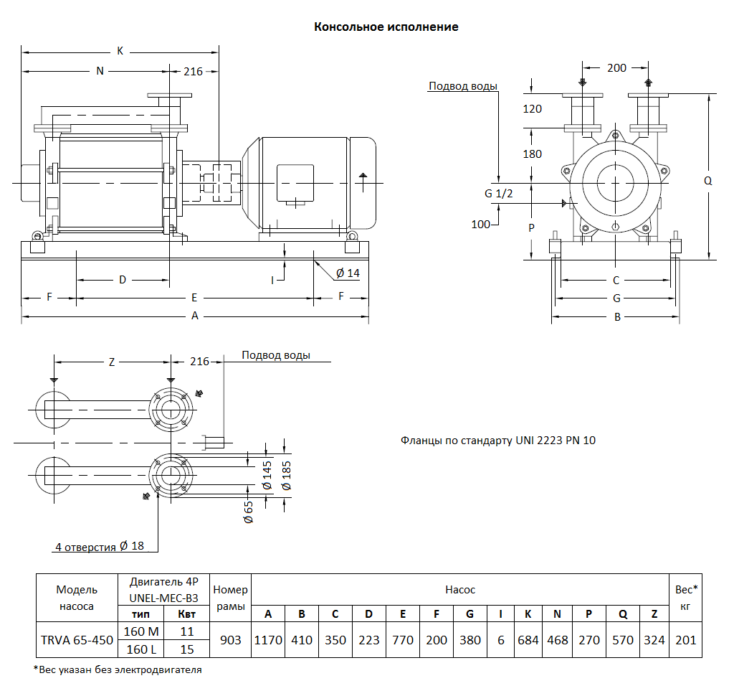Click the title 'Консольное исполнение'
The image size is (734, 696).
(386, 27)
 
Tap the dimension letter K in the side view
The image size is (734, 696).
(120, 51)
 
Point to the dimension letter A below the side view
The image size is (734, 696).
(194, 316)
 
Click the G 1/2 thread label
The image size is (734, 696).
(499, 193)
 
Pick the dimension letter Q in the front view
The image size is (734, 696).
(708, 182)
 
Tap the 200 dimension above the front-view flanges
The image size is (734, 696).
(616, 68)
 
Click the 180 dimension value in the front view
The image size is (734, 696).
(533, 154)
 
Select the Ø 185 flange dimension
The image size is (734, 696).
(287, 476)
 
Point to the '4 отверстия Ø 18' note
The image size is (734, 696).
(100, 547)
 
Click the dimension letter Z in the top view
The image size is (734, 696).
(112, 362)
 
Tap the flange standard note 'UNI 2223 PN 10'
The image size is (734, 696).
(498, 440)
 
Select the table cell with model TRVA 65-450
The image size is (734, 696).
(76, 640)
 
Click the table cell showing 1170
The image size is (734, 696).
(268, 640)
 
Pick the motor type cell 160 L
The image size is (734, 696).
(140, 649)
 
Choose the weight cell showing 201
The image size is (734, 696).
(686, 640)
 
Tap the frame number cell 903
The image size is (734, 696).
(231, 640)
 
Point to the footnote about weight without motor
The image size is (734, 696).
(118, 670)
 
